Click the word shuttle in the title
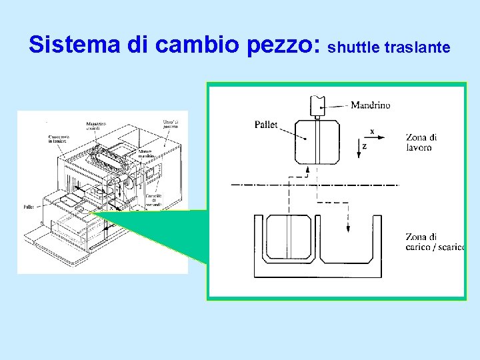point(354,47)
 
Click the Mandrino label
point(370,105)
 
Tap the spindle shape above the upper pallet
point(317,106)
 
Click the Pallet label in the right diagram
point(266,125)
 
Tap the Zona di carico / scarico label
point(434,242)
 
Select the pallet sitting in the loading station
point(289,238)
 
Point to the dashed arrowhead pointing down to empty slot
point(347,228)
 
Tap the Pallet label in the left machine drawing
point(29,207)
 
